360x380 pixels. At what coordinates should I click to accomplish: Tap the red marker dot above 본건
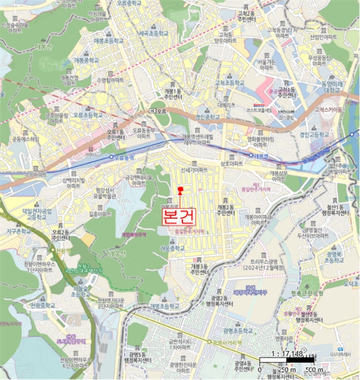180,189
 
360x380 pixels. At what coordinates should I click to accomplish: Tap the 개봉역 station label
260,155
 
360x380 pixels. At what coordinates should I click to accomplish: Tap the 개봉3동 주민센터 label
199,269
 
